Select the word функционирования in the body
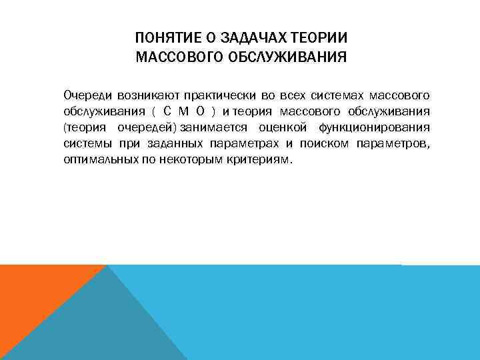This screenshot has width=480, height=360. [373, 127]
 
